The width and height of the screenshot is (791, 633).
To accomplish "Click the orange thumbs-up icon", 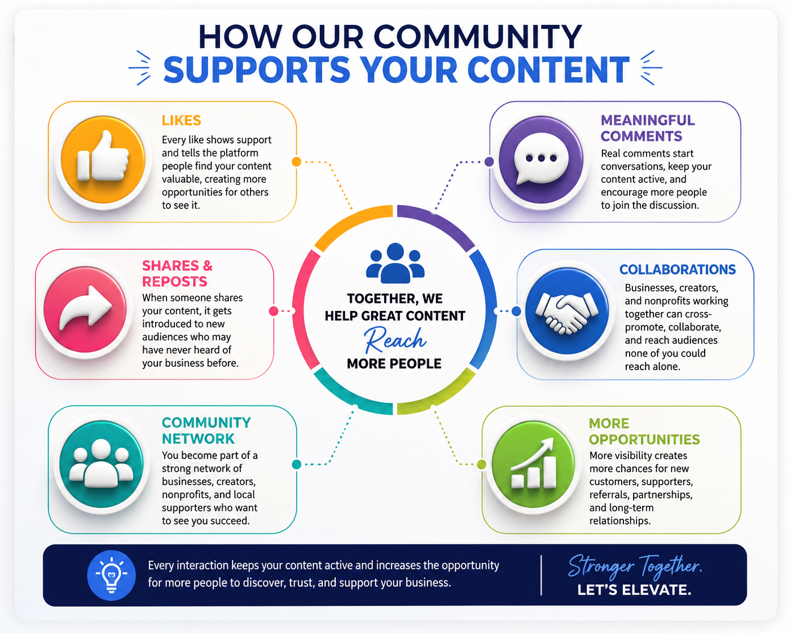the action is coord(103,160).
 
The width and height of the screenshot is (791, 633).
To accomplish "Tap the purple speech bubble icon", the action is coord(540,160).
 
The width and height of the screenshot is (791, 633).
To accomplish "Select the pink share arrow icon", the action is coord(85,310).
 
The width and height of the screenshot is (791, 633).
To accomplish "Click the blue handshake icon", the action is coord(566,311).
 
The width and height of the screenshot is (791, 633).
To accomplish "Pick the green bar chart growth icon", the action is coord(533,464).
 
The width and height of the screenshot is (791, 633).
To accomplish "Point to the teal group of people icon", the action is coord(101,464).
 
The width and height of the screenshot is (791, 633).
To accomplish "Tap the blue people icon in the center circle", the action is coord(395,263).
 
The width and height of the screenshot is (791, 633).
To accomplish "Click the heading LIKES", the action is coord(181,120).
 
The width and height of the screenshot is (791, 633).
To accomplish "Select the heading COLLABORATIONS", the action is coord(677,270).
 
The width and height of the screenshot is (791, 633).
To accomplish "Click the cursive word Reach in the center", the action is coord(395,340).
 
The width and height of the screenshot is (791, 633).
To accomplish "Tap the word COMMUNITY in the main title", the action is coord(477,37).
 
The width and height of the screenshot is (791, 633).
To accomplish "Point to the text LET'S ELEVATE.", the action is coord(634,590).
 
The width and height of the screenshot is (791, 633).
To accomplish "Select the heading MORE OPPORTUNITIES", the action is coord(644,431).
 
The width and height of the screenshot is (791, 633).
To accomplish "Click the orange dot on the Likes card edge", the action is coord(296,162).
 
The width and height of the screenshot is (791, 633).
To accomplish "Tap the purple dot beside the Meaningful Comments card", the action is coord(489,161).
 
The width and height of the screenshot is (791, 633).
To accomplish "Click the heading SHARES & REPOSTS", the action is coord(177,273).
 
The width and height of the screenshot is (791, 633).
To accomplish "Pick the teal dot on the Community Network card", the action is coord(296,464).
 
